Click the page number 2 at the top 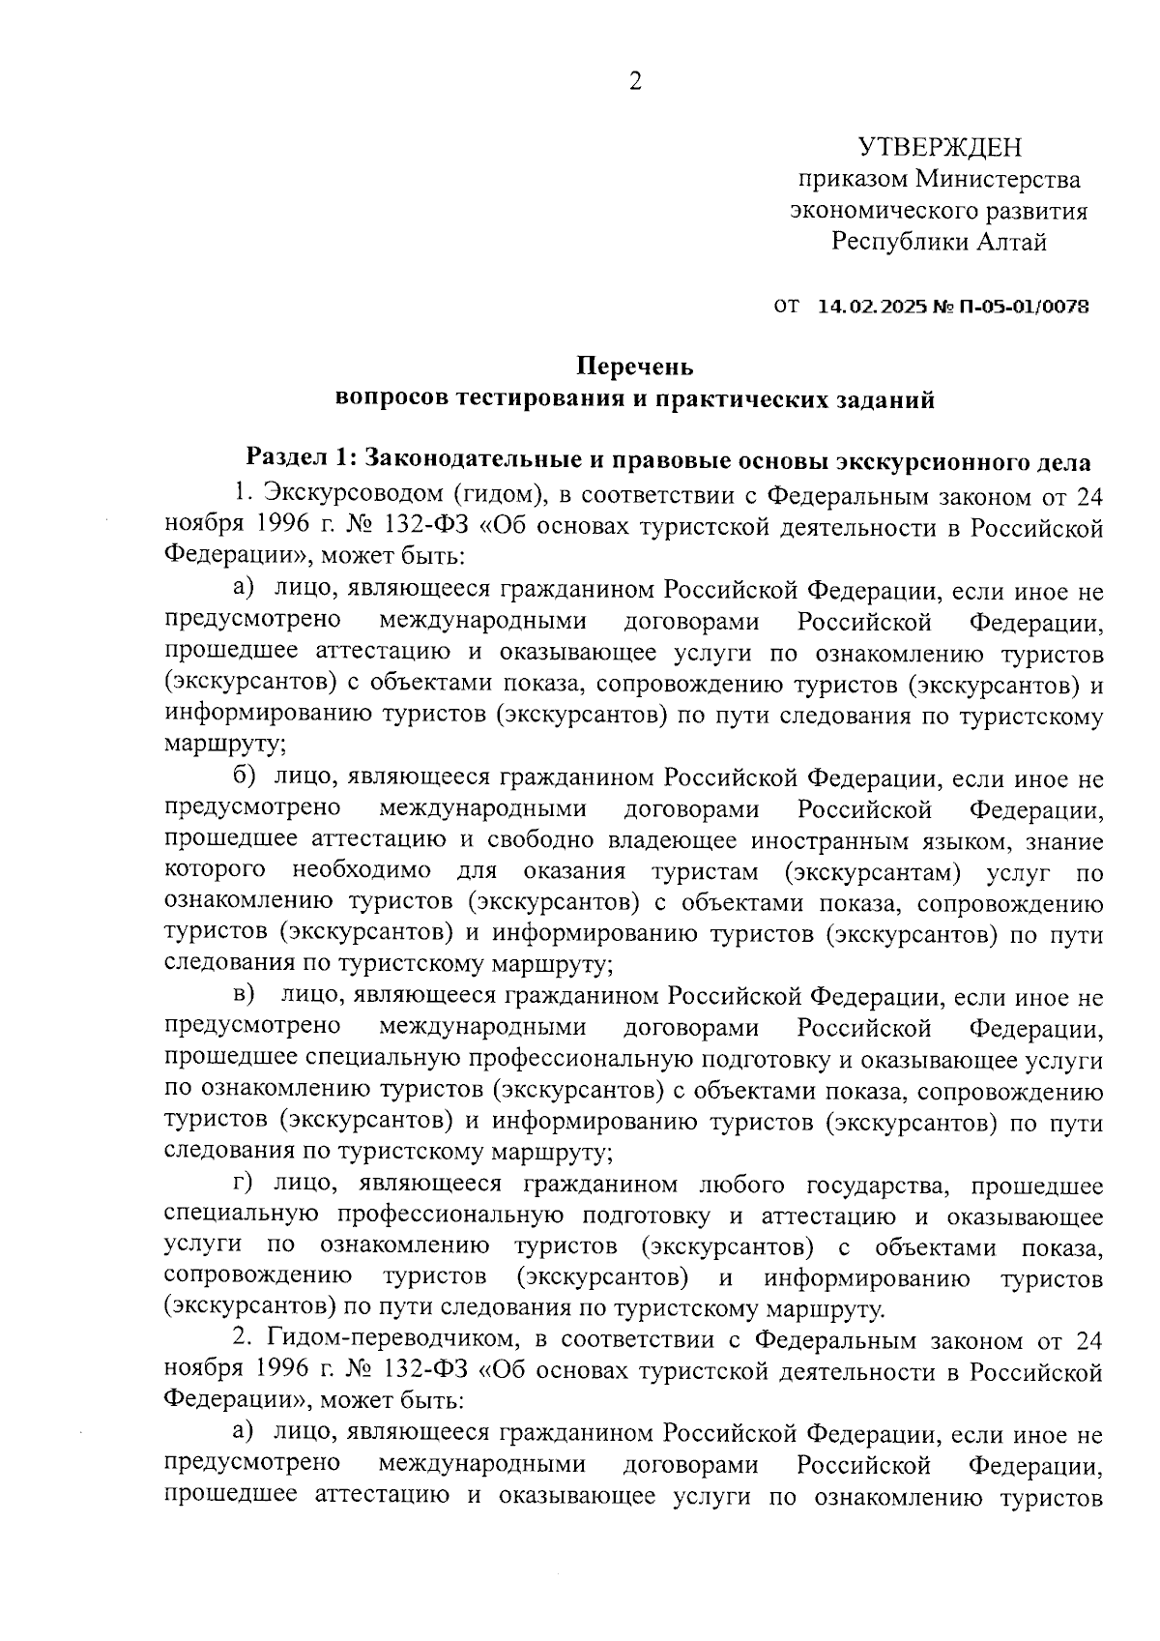click(635, 82)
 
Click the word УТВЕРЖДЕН click(940, 147)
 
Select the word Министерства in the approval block click(998, 179)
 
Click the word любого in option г click(739, 1185)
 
